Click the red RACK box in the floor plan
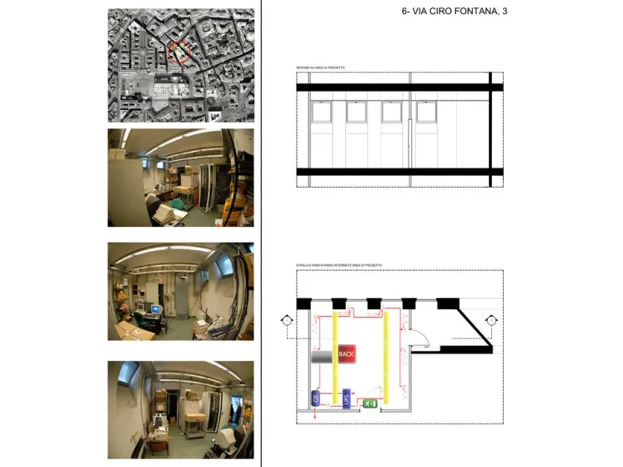pos(346,354)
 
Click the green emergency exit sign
pos(371,404)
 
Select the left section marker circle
pos(286,319)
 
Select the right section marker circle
pos(491,319)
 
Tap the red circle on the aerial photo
pos(179,53)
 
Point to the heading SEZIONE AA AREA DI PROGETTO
pos(320,67)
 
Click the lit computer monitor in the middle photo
pos(154,309)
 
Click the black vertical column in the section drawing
pos(491,129)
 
